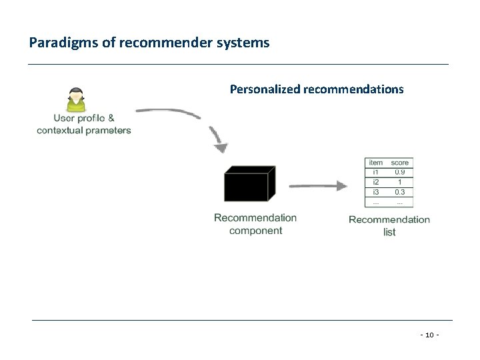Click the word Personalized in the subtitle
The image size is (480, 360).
point(263,88)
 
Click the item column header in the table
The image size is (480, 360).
point(376,163)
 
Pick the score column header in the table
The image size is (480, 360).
point(400,163)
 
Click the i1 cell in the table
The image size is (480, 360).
point(376,172)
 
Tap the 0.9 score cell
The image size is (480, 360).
point(400,172)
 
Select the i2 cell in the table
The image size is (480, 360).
point(376,182)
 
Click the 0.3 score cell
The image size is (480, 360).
point(400,192)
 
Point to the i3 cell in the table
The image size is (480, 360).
point(376,192)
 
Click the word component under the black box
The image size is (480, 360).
point(255,231)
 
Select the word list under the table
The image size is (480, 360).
point(389,232)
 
